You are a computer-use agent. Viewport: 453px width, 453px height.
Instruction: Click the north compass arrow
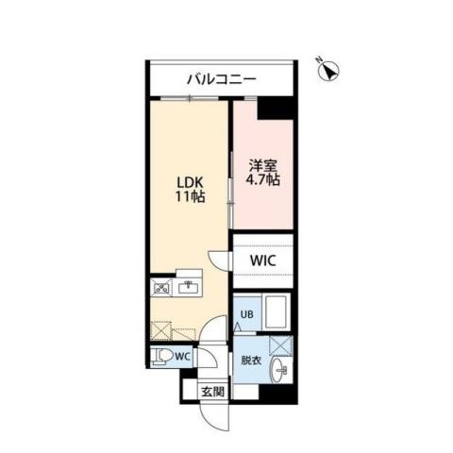[x=329, y=71]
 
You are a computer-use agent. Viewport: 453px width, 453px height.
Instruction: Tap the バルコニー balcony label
[x=220, y=80]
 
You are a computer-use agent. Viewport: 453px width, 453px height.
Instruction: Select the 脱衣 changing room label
[x=250, y=359]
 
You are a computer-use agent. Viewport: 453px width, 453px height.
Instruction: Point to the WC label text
[x=182, y=356]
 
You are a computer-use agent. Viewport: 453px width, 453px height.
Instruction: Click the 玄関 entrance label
[x=211, y=392]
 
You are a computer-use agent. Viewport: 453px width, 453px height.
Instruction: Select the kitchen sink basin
[x=190, y=286]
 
